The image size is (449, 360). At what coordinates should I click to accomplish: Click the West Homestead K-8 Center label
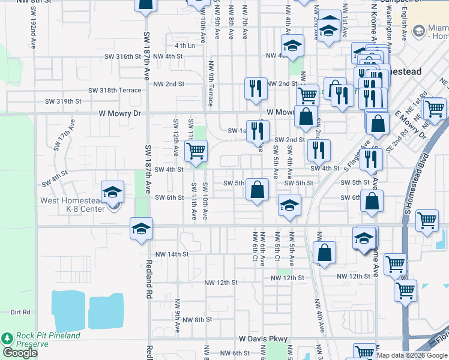(x=73, y=205)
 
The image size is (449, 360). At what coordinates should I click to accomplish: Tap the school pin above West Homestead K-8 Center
(x=112, y=192)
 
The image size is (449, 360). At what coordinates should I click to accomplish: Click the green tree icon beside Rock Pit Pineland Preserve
(x=7, y=339)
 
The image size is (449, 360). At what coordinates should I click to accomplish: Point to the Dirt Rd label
(x=20, y=312)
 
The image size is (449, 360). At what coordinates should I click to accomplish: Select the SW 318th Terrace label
(x=115, y=91)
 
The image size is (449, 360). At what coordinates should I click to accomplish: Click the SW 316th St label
(x=119, y=56)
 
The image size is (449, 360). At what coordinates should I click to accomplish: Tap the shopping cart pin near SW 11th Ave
(x=196, y=151)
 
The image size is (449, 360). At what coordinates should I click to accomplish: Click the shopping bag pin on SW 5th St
(x=256, y=190)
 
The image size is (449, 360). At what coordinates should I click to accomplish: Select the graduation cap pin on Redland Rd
(x=141, y=229)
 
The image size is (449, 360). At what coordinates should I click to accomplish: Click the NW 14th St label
(x=172, y=254)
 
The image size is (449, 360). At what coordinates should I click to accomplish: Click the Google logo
(x=20, y=353)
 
